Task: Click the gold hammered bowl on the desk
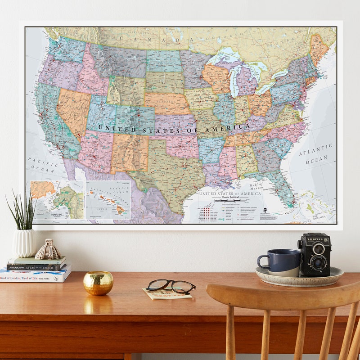(x=98, y=283)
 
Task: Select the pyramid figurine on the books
(x=48, y=250)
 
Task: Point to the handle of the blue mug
(x=262, y=262)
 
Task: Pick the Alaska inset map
(x=57, y=198)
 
